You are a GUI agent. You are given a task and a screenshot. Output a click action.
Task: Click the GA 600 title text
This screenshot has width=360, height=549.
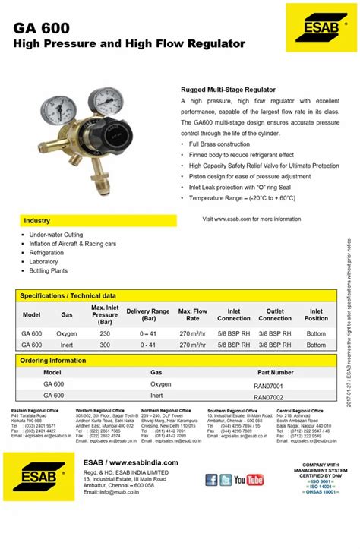tap(41, 28)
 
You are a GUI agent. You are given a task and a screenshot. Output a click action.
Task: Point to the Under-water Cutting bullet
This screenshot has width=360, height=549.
tap(57, 235)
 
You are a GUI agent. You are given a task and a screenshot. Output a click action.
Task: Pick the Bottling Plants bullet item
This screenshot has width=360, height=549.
tap(49, 270)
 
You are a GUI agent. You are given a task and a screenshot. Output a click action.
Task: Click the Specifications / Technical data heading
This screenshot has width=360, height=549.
tap(68, 295)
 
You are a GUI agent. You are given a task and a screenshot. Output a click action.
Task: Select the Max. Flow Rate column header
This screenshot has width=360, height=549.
tap(193, 314)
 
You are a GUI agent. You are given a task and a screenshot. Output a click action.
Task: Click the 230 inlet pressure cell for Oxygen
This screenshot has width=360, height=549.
tap(105, 333)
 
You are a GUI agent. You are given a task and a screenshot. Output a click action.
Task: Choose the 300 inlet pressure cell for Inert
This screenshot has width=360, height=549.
tap(105, 345)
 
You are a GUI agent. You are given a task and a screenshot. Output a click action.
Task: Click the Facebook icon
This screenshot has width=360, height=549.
tap(212, 480)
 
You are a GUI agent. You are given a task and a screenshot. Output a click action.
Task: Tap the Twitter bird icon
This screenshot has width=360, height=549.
tap(226, 480)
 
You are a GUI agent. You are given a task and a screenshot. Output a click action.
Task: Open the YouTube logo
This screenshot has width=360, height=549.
tap(249, 480)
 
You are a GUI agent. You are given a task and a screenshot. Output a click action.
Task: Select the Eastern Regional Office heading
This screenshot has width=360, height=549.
tap(36, 411)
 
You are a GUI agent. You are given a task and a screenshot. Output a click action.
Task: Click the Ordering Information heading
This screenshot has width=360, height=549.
tap(53, 361)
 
